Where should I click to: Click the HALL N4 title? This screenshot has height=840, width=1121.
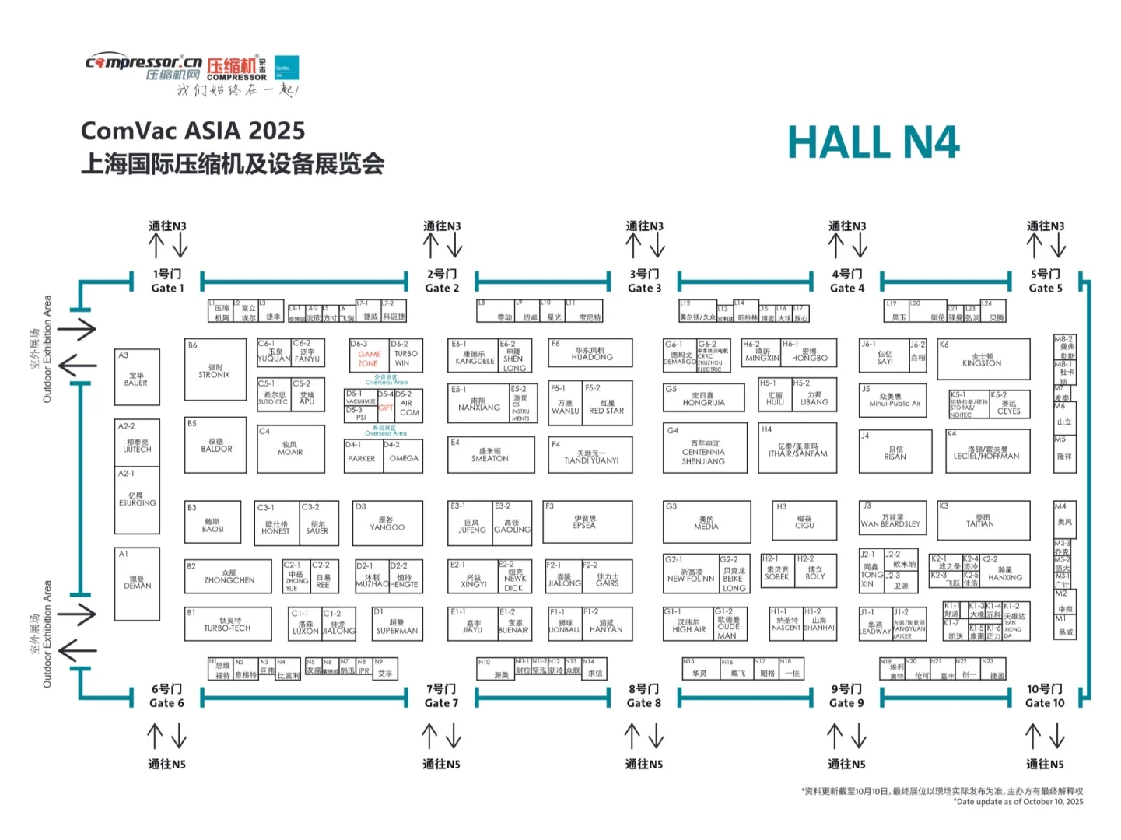click(873, 143)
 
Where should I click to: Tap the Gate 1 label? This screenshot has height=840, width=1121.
click(167, 282)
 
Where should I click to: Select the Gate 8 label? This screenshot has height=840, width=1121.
click(644, 696)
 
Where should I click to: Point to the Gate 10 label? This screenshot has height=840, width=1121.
click(1044, 696)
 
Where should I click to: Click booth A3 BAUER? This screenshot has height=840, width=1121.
click(136, 377)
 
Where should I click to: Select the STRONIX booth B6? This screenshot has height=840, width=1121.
click(215, 369)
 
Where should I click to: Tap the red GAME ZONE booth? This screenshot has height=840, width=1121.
click(369, 359)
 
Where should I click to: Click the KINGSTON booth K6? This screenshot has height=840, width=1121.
click(983, 359)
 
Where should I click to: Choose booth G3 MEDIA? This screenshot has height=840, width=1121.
click(706, 522)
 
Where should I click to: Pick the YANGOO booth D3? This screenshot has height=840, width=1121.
click(387, 523)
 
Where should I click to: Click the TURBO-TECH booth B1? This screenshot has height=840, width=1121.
click(227, 624)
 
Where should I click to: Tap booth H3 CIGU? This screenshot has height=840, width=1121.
click(804, 521)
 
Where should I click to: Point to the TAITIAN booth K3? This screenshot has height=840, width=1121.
click(983, 520)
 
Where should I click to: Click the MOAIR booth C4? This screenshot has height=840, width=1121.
click(290, 449)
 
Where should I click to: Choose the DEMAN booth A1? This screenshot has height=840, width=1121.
click(137, 583)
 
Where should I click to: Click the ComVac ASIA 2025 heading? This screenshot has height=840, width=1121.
click(193, 131)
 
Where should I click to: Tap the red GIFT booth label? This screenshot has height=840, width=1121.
click(386, 408)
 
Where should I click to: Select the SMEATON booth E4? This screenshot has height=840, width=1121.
click(490, 455)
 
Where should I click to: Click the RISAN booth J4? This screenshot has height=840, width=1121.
click(895, 453)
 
